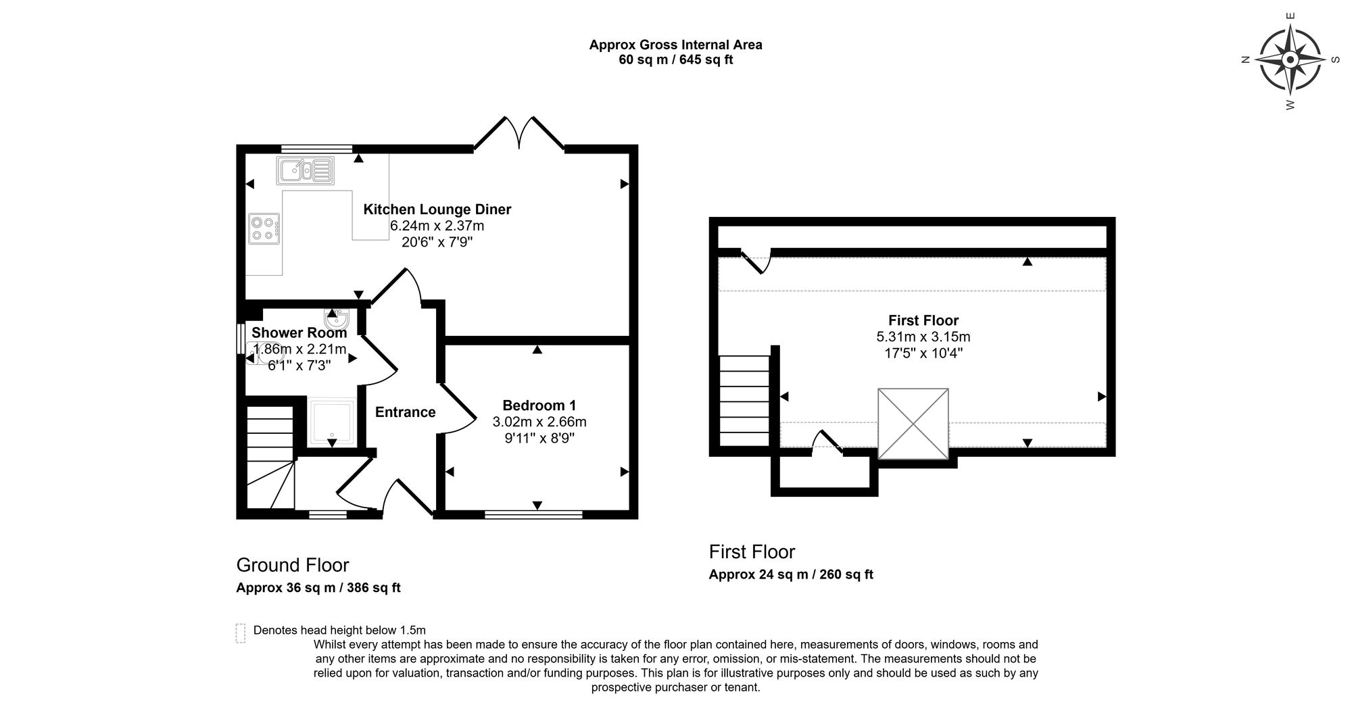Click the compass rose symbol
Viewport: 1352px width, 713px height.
click(1290, 60)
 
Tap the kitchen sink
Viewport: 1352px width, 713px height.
click(305, 170)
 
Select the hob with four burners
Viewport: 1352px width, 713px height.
click(264, 228)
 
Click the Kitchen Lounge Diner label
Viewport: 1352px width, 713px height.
click(437, 210)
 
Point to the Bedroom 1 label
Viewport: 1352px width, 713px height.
click(539, 405)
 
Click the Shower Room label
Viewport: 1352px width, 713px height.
click(299, 333)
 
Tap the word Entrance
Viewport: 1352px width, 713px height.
click(405, 412)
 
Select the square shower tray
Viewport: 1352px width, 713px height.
click(331, 422)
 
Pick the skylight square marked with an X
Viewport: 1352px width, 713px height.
click(913, 424)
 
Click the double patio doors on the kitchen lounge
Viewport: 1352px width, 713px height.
click(519, 132)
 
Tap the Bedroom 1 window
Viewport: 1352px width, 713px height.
click(533, 515)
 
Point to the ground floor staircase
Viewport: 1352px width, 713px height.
click(270, 456)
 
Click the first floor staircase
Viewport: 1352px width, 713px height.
click(744, 401)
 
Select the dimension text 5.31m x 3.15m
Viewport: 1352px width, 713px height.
click(923, 337)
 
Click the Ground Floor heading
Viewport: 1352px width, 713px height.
click(293, 565)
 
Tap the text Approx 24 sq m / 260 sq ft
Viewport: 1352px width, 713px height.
click(791, 574)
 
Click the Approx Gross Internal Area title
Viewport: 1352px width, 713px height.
click(676, 45)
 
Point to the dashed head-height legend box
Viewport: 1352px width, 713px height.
click(240, 633)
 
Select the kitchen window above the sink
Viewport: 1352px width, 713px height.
click(317, 148)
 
